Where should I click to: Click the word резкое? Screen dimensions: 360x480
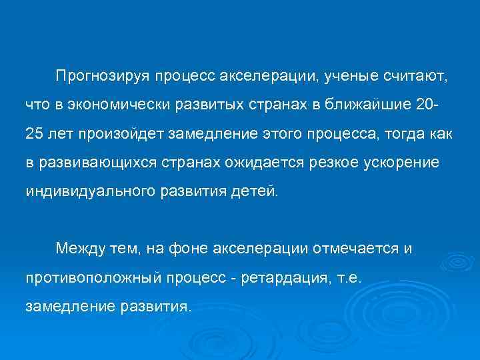[x=317, y=163]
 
